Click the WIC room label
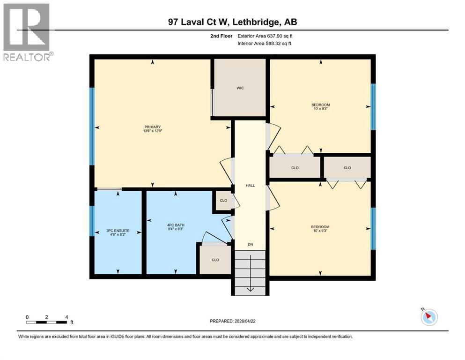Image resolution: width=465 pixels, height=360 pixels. [240, 88]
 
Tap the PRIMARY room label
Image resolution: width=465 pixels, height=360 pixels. [153, 127]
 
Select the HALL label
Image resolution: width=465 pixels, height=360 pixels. [251, 186]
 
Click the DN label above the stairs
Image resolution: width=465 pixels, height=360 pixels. [251, 244]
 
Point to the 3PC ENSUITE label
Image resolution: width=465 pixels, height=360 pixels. [118, 231]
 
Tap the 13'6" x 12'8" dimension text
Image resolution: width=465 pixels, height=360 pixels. [153, 131]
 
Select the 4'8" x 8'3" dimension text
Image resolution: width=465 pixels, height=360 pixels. [118, 235]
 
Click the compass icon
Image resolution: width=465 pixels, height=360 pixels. [428, 317]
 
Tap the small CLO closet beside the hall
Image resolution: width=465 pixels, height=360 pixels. [223, 201]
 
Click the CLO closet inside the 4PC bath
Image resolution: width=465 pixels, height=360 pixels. [215, 260]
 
